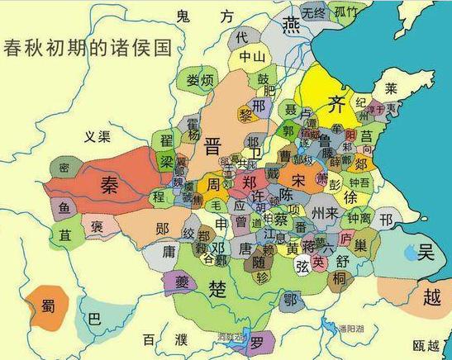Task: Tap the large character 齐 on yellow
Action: pyautogui.click(x=335, y=105)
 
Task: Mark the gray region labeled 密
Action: pyautogui.click(x=64, y=166)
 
